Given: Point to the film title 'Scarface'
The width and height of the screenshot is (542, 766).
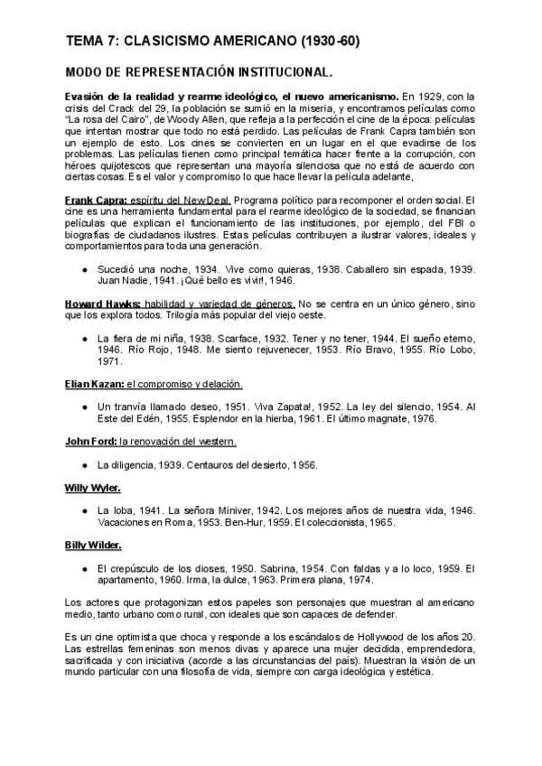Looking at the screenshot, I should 214,338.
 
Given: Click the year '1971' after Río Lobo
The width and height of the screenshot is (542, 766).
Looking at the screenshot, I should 111,361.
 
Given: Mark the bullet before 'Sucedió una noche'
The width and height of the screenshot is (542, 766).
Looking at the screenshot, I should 84,269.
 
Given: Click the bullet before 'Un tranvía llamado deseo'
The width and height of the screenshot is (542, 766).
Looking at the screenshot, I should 84,407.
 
